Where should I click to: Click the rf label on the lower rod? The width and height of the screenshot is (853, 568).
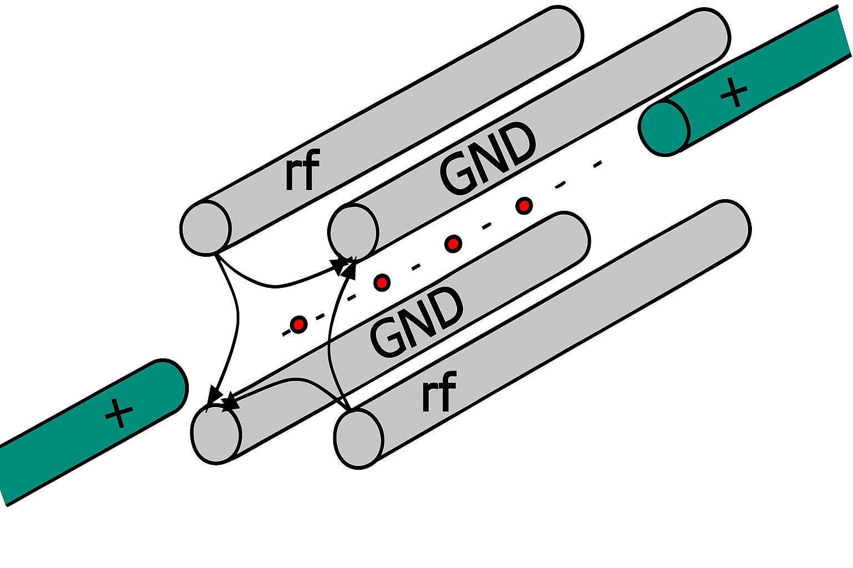tap(439, 393)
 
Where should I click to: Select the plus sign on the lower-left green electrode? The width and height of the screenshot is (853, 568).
tap(119, 413)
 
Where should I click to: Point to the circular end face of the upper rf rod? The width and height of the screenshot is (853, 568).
tap(205, 227)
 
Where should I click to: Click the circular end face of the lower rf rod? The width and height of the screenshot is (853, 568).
tap(359, 439)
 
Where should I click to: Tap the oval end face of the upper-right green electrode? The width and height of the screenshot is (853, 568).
tap(665, 129)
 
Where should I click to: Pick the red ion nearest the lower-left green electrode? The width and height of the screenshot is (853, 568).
tap(298, 324)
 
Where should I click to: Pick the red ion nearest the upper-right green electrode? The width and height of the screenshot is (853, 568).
tap(524, 206)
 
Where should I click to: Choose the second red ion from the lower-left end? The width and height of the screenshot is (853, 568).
tap(382, 283)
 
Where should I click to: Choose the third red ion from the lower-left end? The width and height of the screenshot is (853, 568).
tap(453, 243)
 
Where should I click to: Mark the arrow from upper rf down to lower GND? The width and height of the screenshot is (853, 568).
tap(236, 327)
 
